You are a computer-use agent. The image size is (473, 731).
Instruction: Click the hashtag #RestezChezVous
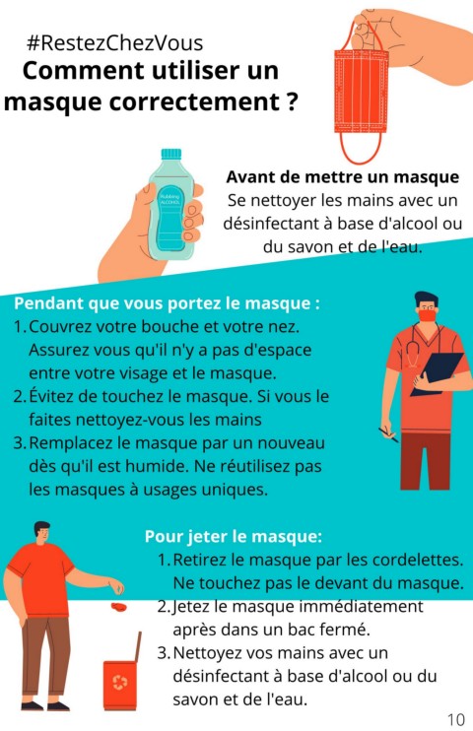[x=115, y=43]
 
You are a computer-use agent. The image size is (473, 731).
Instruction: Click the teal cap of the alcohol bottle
[x=171, y=155]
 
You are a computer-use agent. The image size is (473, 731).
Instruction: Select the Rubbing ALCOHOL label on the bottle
[x=170, y=200]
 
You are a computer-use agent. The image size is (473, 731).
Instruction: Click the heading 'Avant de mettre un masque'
[x=342, y=177]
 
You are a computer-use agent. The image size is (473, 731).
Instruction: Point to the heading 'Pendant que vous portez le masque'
[x=167, y=303]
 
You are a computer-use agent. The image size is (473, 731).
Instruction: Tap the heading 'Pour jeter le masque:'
[x=234, y=536]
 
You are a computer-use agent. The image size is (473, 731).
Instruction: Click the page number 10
[x=455, y=719]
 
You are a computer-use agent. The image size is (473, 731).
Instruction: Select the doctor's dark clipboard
[x=438, y=373]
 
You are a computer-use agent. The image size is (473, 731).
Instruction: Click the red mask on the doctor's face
[x=428, y=315]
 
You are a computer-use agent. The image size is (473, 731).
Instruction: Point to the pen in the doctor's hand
[x=388, y=434]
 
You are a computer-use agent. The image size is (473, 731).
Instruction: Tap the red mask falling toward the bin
[x=119, y=607]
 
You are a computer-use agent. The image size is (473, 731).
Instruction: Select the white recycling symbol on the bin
[x=120, y=683]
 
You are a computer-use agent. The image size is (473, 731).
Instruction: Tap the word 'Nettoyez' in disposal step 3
[x=207, y=652]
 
